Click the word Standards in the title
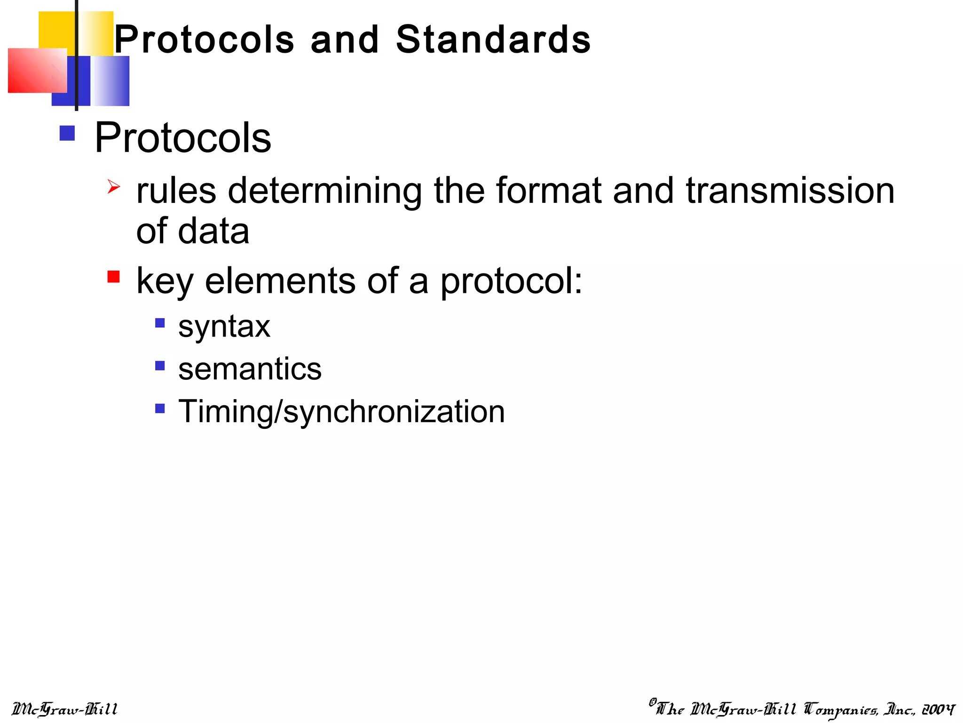coord(493,40)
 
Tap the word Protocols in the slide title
coord(205,40)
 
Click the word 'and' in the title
coord(345,40)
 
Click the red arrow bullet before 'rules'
coord(113,186)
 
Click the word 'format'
coord(549,191)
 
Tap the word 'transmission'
coord(790,191)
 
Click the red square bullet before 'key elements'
coord(113,276)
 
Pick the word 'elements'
coord(280,281)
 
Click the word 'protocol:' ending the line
coord(511,281)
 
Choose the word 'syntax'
coord(224,327)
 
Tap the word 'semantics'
coord(250,369)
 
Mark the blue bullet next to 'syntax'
coord(160,323)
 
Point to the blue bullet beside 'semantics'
coord(160,365)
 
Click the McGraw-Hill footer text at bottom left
coord(64,709)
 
